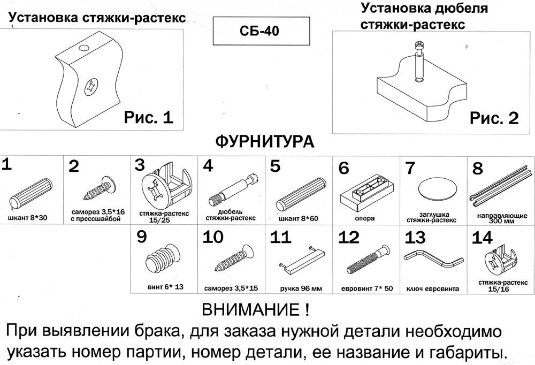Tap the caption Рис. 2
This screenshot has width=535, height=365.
[x=494, y=118]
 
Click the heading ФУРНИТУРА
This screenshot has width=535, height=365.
[x=264, y=142]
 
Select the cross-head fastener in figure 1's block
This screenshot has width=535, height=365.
[x=92, y=86]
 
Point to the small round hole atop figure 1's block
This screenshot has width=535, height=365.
[x=83, y=48]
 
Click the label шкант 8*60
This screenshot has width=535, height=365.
[x=299, y=218]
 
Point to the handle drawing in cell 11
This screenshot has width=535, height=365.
[x=300, y=261]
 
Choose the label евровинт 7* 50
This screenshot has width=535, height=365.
[x=367, y=288]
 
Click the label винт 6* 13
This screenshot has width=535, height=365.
[x=165, y=287]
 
